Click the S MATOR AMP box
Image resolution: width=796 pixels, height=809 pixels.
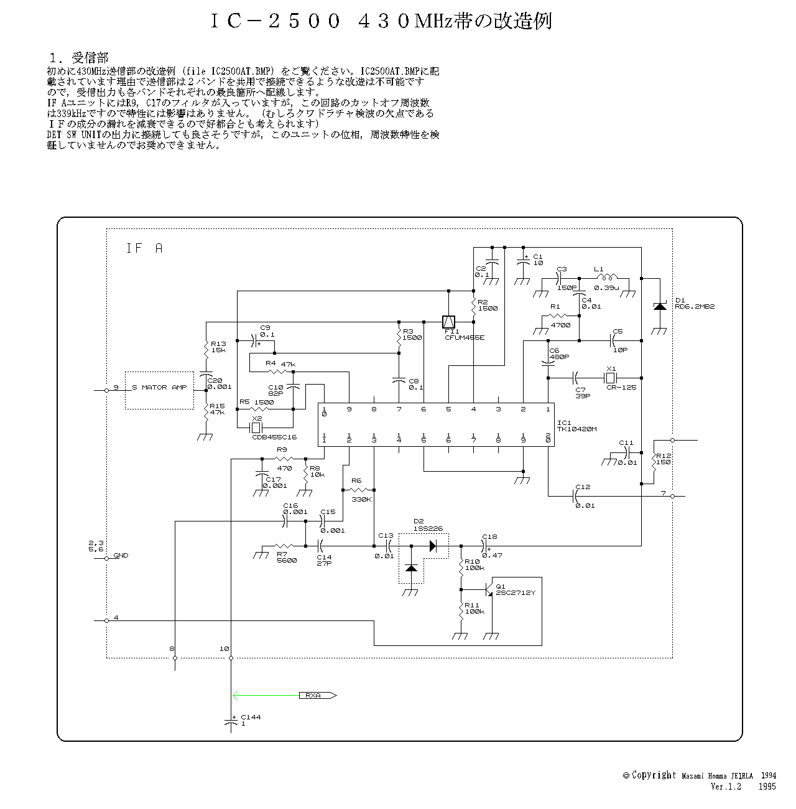point(159,390)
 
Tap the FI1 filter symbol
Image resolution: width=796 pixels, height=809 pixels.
point(448,322)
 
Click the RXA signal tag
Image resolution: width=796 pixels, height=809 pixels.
point(317,695)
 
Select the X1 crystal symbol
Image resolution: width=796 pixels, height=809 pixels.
point(611,377)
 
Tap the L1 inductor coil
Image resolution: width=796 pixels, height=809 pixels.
point(606,278)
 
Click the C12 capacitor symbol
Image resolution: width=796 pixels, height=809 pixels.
point(574,496)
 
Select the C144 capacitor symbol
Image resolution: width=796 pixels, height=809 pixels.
point(231,721)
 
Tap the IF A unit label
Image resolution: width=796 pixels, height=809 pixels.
point(144,248)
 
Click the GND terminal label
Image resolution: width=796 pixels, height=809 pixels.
point(121,555)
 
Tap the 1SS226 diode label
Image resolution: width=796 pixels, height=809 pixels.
point(429,528)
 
